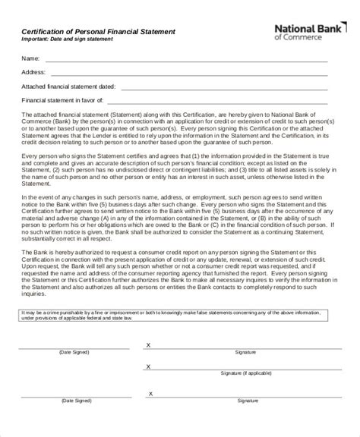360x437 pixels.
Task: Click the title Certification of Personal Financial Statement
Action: coord(97,31)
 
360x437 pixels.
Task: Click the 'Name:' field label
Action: coord(30,58)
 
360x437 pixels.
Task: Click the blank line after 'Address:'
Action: coord(190,74)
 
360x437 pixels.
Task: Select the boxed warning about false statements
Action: coord(179,315)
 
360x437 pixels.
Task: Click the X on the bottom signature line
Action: coord(148,413)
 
